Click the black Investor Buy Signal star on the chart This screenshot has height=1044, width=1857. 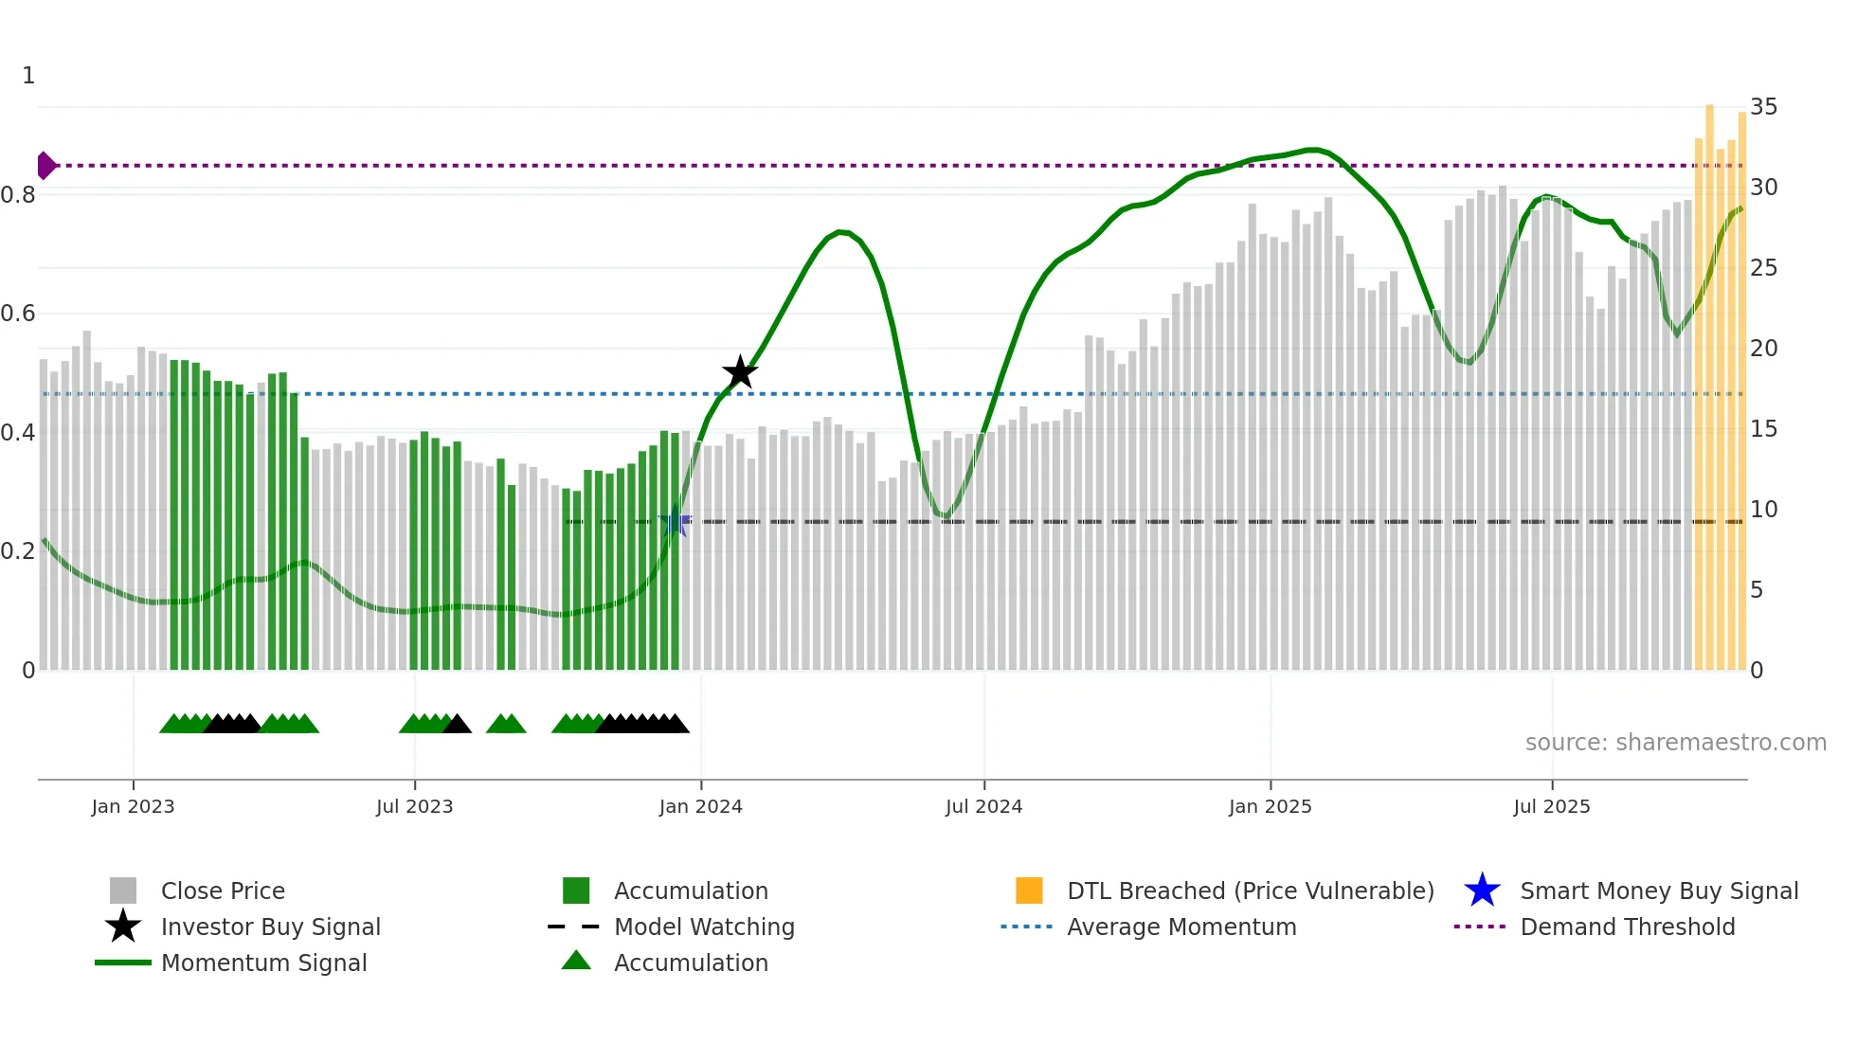(740, 372)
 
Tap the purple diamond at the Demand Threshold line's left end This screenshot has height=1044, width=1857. (45, 166)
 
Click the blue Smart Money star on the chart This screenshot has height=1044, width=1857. (675, 522)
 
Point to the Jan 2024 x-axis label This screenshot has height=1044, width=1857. (700, 806)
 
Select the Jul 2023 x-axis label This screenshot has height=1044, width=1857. (414, 806)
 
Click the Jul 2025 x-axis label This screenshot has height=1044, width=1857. (1551, 806)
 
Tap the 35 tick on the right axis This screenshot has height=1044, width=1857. (1763, 107)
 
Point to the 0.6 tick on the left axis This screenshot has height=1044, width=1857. (18, 314)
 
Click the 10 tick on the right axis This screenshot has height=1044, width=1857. (1763, 510)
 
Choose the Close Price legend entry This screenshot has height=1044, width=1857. (223, 891)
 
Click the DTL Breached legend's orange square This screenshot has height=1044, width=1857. (1029, 891)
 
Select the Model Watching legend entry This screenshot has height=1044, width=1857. (704, 927)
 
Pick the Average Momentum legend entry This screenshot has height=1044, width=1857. (1181, 927)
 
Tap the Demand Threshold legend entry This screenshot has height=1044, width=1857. (1627, 927)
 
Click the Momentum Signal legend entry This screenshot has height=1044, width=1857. (263, 963)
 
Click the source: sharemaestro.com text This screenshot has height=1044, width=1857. (1675, 743)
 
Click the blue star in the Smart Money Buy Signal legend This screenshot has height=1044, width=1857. (1482, 891)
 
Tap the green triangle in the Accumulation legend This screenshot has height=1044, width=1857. (576, 961)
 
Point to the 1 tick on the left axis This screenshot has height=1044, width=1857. (28, 76)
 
